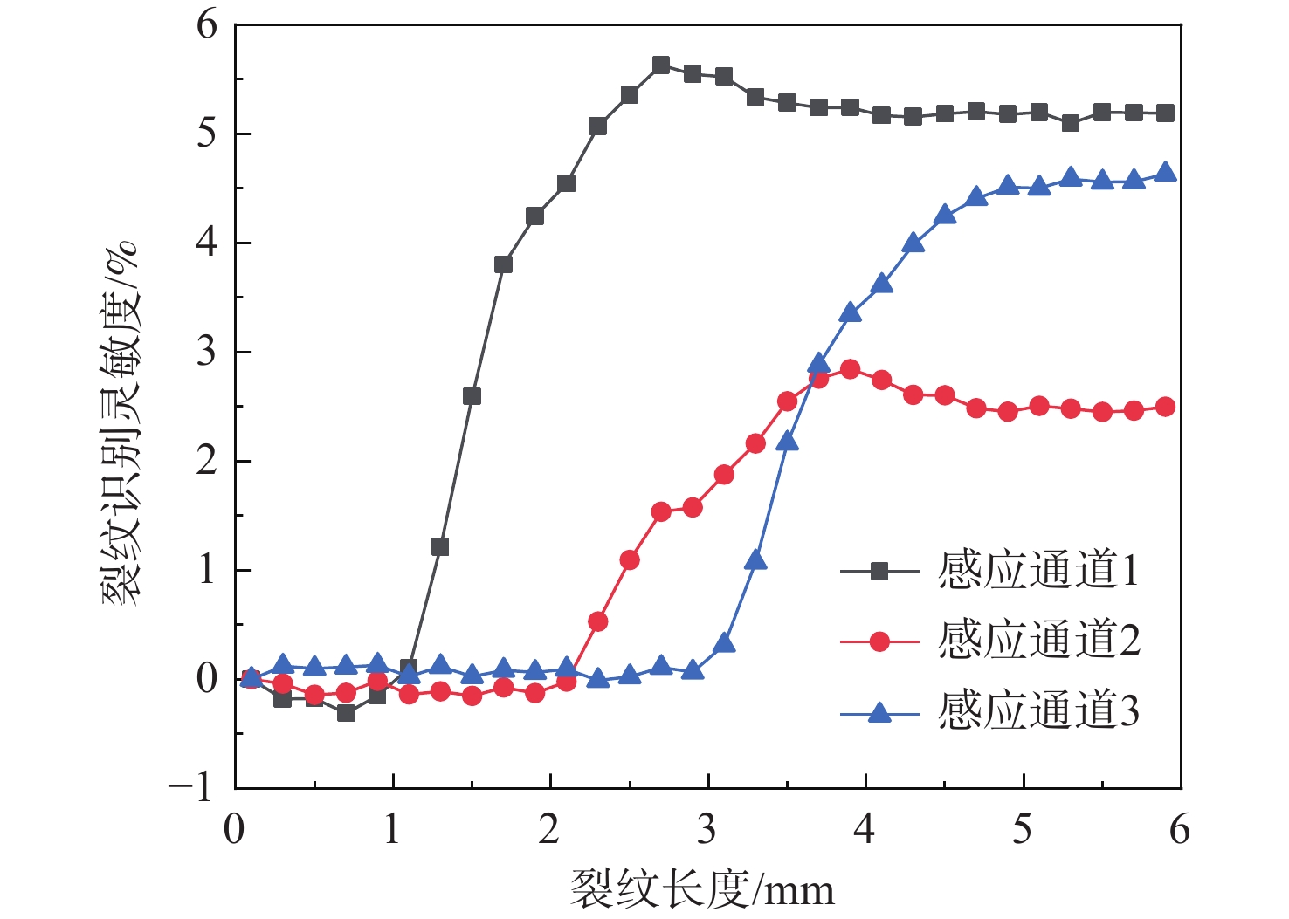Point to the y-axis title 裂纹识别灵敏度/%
pos(120,423)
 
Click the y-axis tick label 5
pos(206,134)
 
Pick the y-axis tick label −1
pos(192,787)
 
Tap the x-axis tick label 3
pos(707,829)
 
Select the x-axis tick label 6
pos(1180,829)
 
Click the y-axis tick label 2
pos(206,461)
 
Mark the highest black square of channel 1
pos(661,65)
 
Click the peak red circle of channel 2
pos(850,369)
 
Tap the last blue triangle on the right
pos(1165,173)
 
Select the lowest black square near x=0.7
pos(346,713)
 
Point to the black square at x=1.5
pos(472,396)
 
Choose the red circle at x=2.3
pos(598,621)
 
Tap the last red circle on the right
pos(1165,407)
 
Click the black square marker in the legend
pos(879,572)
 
